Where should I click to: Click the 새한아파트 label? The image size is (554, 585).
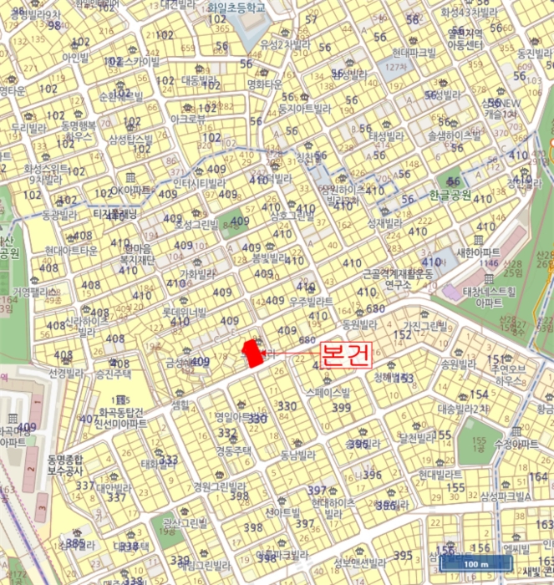point(480,252)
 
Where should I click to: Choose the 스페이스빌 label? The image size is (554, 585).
point(329,390)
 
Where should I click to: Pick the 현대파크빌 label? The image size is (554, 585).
point(413,52)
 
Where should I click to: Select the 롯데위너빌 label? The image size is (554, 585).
point(186,312)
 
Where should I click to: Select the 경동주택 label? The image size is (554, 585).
point(234,450)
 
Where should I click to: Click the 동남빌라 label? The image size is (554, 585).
point(297,455)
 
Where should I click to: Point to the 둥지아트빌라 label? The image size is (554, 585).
point(307,108)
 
